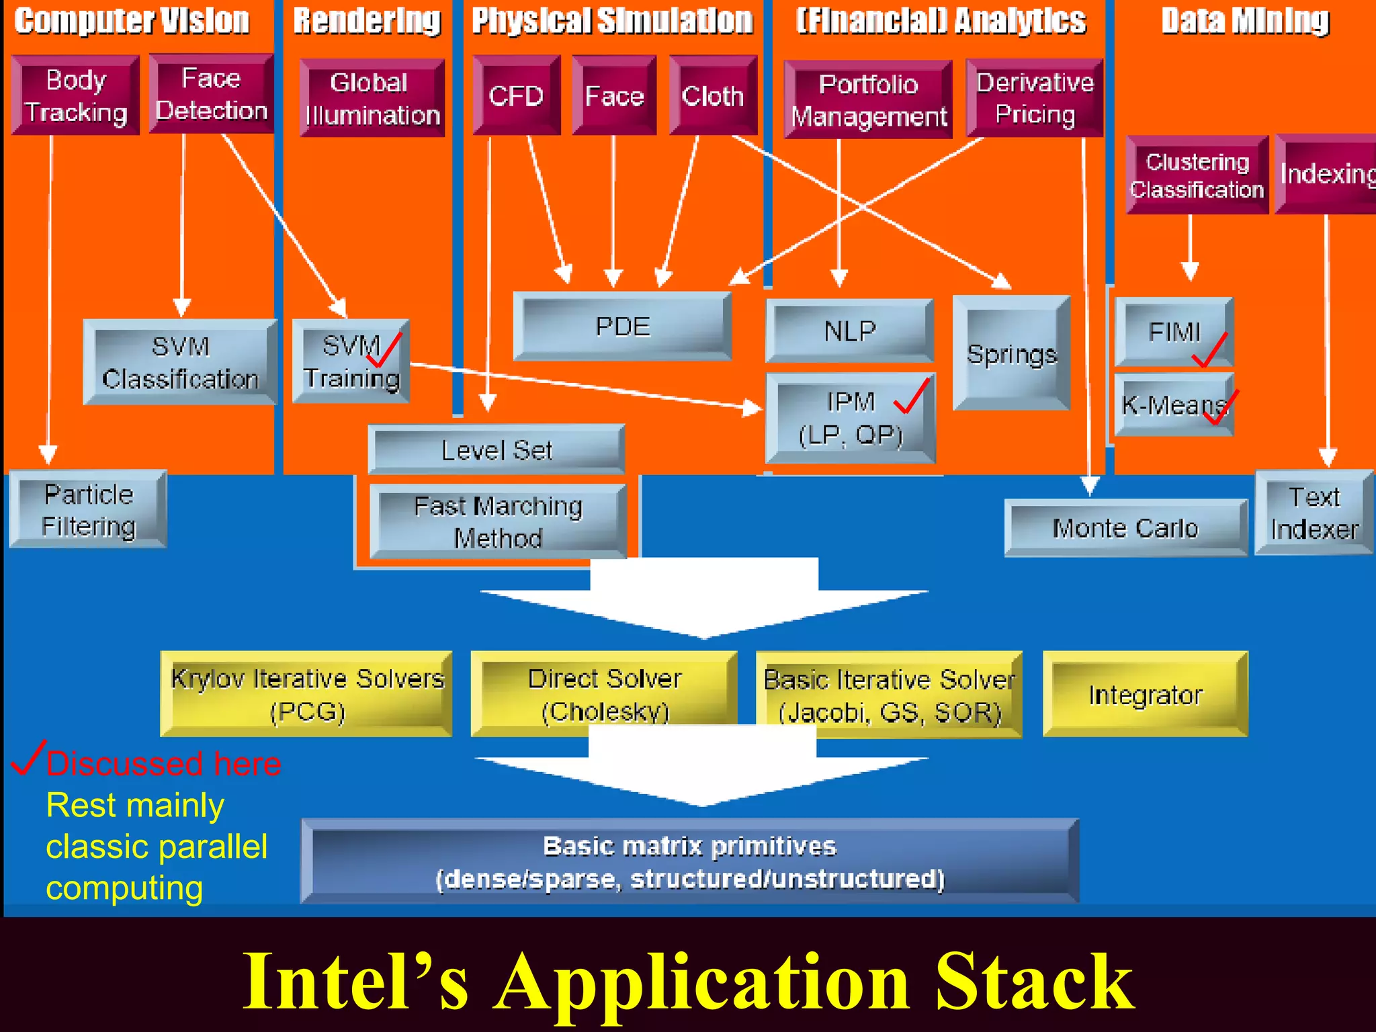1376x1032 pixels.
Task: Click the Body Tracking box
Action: click(75, 95)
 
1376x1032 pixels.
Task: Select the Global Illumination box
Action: click(372, 98)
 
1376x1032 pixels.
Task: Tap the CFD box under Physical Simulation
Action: click(516, 95)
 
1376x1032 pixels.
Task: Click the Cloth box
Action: click(713, 95)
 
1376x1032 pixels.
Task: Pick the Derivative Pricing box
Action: click(1035, 98)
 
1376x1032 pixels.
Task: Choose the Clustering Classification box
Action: click(1197, 175)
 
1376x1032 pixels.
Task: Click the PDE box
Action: click(622, 327)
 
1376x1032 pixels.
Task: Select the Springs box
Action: click(1011, 353)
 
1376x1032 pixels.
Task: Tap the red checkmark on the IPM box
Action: click(912, 396)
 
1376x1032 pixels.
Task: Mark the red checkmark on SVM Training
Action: click(385, 351)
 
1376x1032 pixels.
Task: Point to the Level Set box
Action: click(497, 449)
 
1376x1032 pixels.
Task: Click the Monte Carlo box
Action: click(1125, 528)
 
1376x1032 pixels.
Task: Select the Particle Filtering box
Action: click(88, 510)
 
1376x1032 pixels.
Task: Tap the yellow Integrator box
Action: click(1145, 694)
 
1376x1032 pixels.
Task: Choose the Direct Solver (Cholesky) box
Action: click(604, 694)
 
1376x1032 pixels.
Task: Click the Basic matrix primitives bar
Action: click(689, 861)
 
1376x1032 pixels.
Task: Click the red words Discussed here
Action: click(163, 764)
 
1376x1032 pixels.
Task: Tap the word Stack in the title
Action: click(1035, 982)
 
